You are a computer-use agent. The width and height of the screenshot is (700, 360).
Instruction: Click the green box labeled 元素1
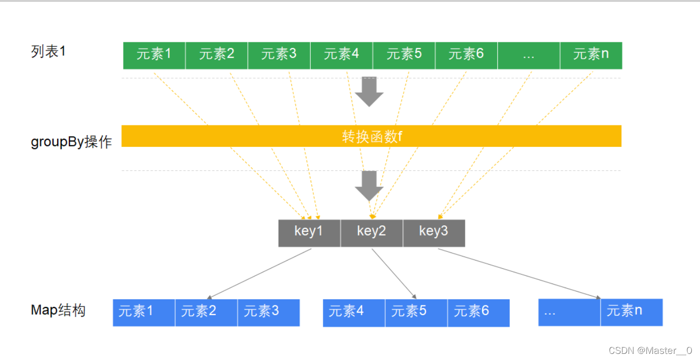click(x=154, y=55)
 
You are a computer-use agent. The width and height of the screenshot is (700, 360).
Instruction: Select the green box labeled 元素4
click(x=341, y=55)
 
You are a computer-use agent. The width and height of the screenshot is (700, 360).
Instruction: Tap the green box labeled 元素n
click(x=591, y=55)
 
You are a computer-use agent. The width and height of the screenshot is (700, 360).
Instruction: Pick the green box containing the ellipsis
click(x=529, y=55)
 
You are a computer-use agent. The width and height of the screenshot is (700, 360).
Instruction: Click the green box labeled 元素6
click(x=466, y=55)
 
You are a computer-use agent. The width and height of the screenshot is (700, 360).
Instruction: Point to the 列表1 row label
click(x=48, y=52)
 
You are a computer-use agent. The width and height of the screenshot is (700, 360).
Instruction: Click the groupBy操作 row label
click(x=71, y=142)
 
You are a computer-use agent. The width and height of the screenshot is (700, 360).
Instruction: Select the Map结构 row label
click(x=58, y=310)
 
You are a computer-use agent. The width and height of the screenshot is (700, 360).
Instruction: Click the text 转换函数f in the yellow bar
click(x=371, y=137)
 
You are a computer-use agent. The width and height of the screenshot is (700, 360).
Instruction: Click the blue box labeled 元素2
click(x=206, y=312)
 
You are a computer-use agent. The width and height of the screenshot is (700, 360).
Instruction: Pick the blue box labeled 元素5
click(x=416, y=312)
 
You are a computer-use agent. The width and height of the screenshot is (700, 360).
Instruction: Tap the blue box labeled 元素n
click(x=632, y=312)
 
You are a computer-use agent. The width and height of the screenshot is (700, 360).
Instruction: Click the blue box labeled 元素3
click(x=268, y=312)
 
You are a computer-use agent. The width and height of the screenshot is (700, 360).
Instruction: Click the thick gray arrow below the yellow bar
click(x=369, y=186)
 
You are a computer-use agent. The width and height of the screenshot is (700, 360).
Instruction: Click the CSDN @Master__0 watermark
click(x=651, y=351)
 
